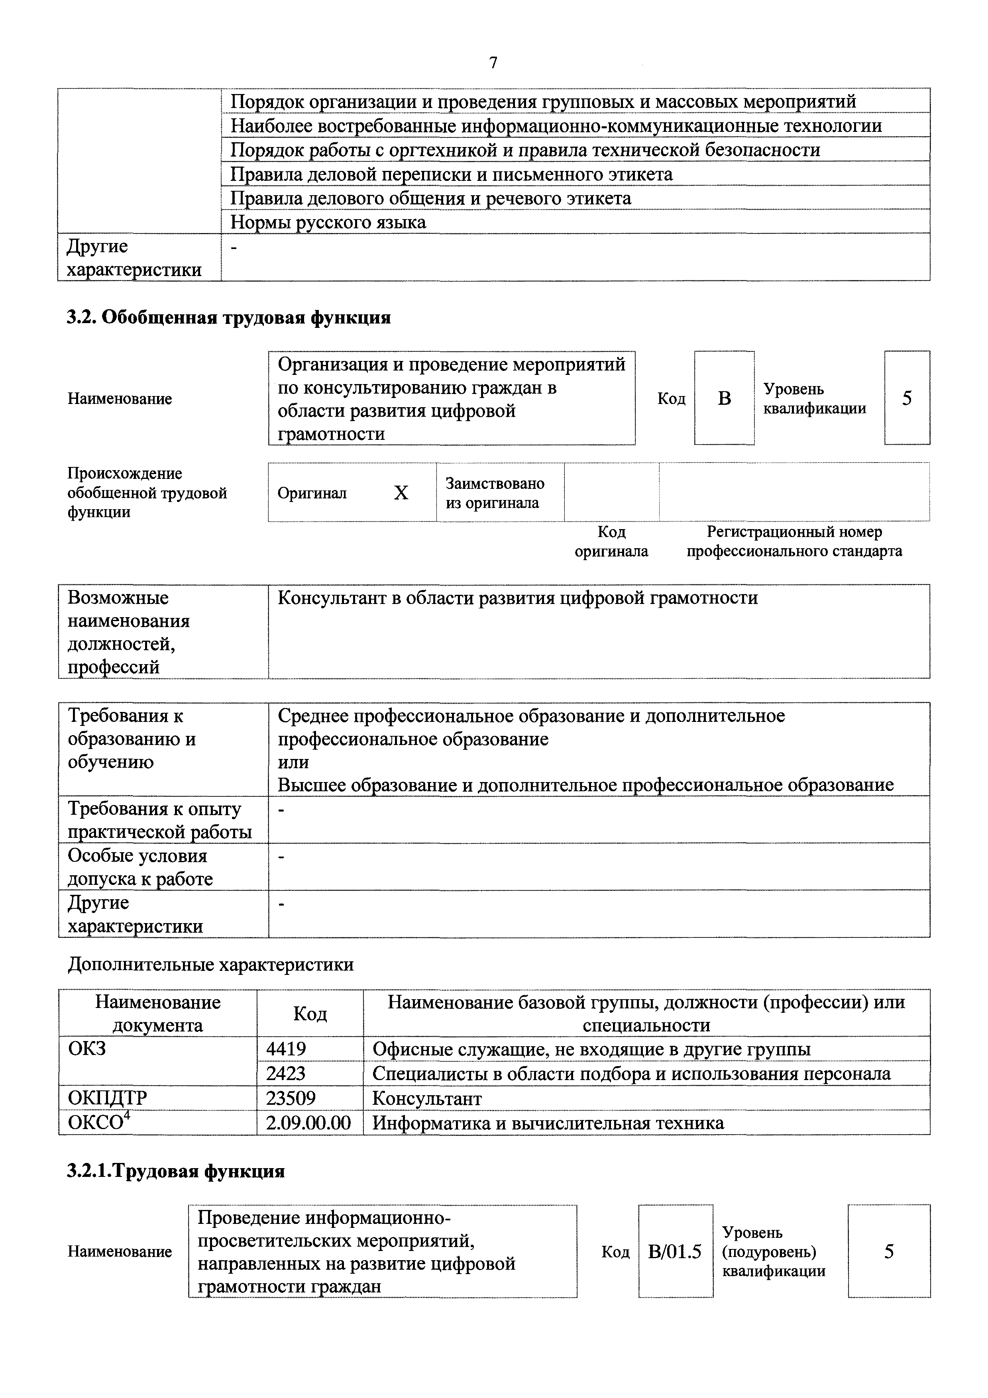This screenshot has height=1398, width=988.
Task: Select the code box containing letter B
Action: (724, 398)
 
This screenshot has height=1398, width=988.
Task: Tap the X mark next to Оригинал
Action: (401, 492)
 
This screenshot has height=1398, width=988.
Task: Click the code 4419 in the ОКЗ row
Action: (286, 1049)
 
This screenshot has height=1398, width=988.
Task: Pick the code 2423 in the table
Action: (286, 1073)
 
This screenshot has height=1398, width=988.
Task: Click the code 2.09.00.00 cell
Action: (309, 1122)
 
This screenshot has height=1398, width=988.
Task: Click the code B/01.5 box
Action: (675, 1252)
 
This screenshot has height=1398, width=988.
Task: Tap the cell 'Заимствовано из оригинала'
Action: (495, 492)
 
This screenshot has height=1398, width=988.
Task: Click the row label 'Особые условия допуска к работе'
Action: (140, 867)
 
